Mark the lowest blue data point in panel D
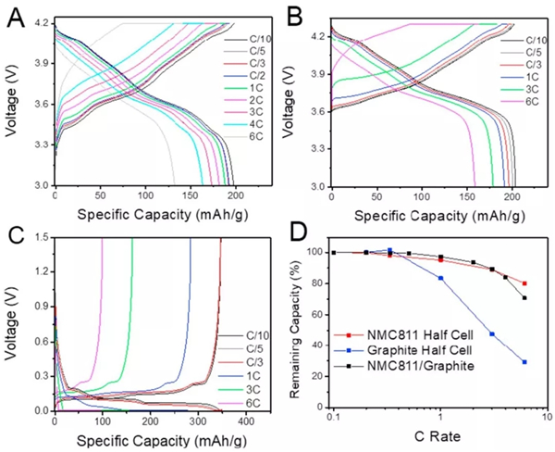click(x=525, y=362)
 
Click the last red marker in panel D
click(x=525, y=283)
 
